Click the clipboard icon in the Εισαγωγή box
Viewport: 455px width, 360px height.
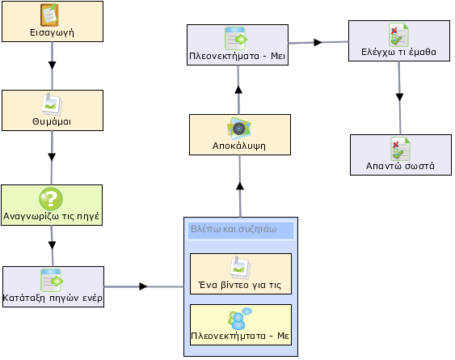tap(50, 15)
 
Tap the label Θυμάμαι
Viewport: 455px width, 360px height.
tap(52, 121)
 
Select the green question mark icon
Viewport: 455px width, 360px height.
tap(51, 199)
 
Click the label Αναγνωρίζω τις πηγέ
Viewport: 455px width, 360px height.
tap(52, 217)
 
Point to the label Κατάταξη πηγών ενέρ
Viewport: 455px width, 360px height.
tap(53, 299)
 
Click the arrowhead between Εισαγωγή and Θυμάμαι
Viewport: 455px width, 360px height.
tap(52, 65)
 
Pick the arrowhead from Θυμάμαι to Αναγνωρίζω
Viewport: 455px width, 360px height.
tap(52, 157)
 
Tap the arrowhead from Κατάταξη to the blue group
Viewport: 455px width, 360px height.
tap(143, 286)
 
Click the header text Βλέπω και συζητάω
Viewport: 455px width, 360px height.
tap(234, 229)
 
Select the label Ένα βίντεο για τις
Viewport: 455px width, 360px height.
tap(240, 285)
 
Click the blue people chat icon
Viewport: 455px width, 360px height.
tap(240, 319)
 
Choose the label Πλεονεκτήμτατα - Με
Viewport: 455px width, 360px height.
tap(240, 336)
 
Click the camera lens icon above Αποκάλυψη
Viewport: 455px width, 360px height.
tap(239, 128)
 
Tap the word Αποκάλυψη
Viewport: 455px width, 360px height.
tap(239, 146)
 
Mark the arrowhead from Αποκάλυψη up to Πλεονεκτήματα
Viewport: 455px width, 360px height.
tap(238, 89)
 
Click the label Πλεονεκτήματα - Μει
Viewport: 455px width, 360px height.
tap(238, 56)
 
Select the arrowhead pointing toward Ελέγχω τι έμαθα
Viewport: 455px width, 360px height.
tap(318, 42)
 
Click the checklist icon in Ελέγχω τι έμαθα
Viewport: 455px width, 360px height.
tap(398, 35)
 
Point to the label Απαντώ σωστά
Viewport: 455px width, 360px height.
tap(400, 166)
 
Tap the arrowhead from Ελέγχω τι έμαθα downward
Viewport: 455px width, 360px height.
tap(399, 97)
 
